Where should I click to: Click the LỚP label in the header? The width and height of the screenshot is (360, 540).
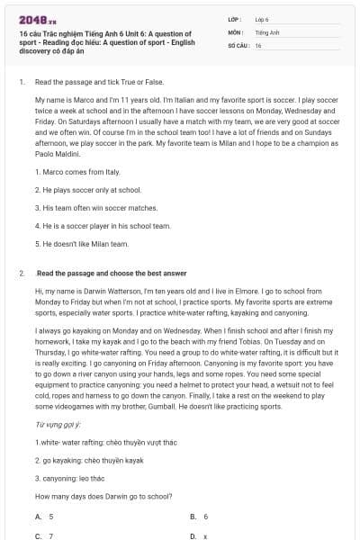tap(233, 19)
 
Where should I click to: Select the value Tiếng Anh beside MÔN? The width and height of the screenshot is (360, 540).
tap(264, 31)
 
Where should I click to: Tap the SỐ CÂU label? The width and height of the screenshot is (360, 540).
tap(238, 44)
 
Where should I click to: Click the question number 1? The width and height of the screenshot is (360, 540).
tap(21, 81)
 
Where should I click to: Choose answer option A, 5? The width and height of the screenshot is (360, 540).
tap(50, 517)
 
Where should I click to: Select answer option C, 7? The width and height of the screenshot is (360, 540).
tap(50, 535)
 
